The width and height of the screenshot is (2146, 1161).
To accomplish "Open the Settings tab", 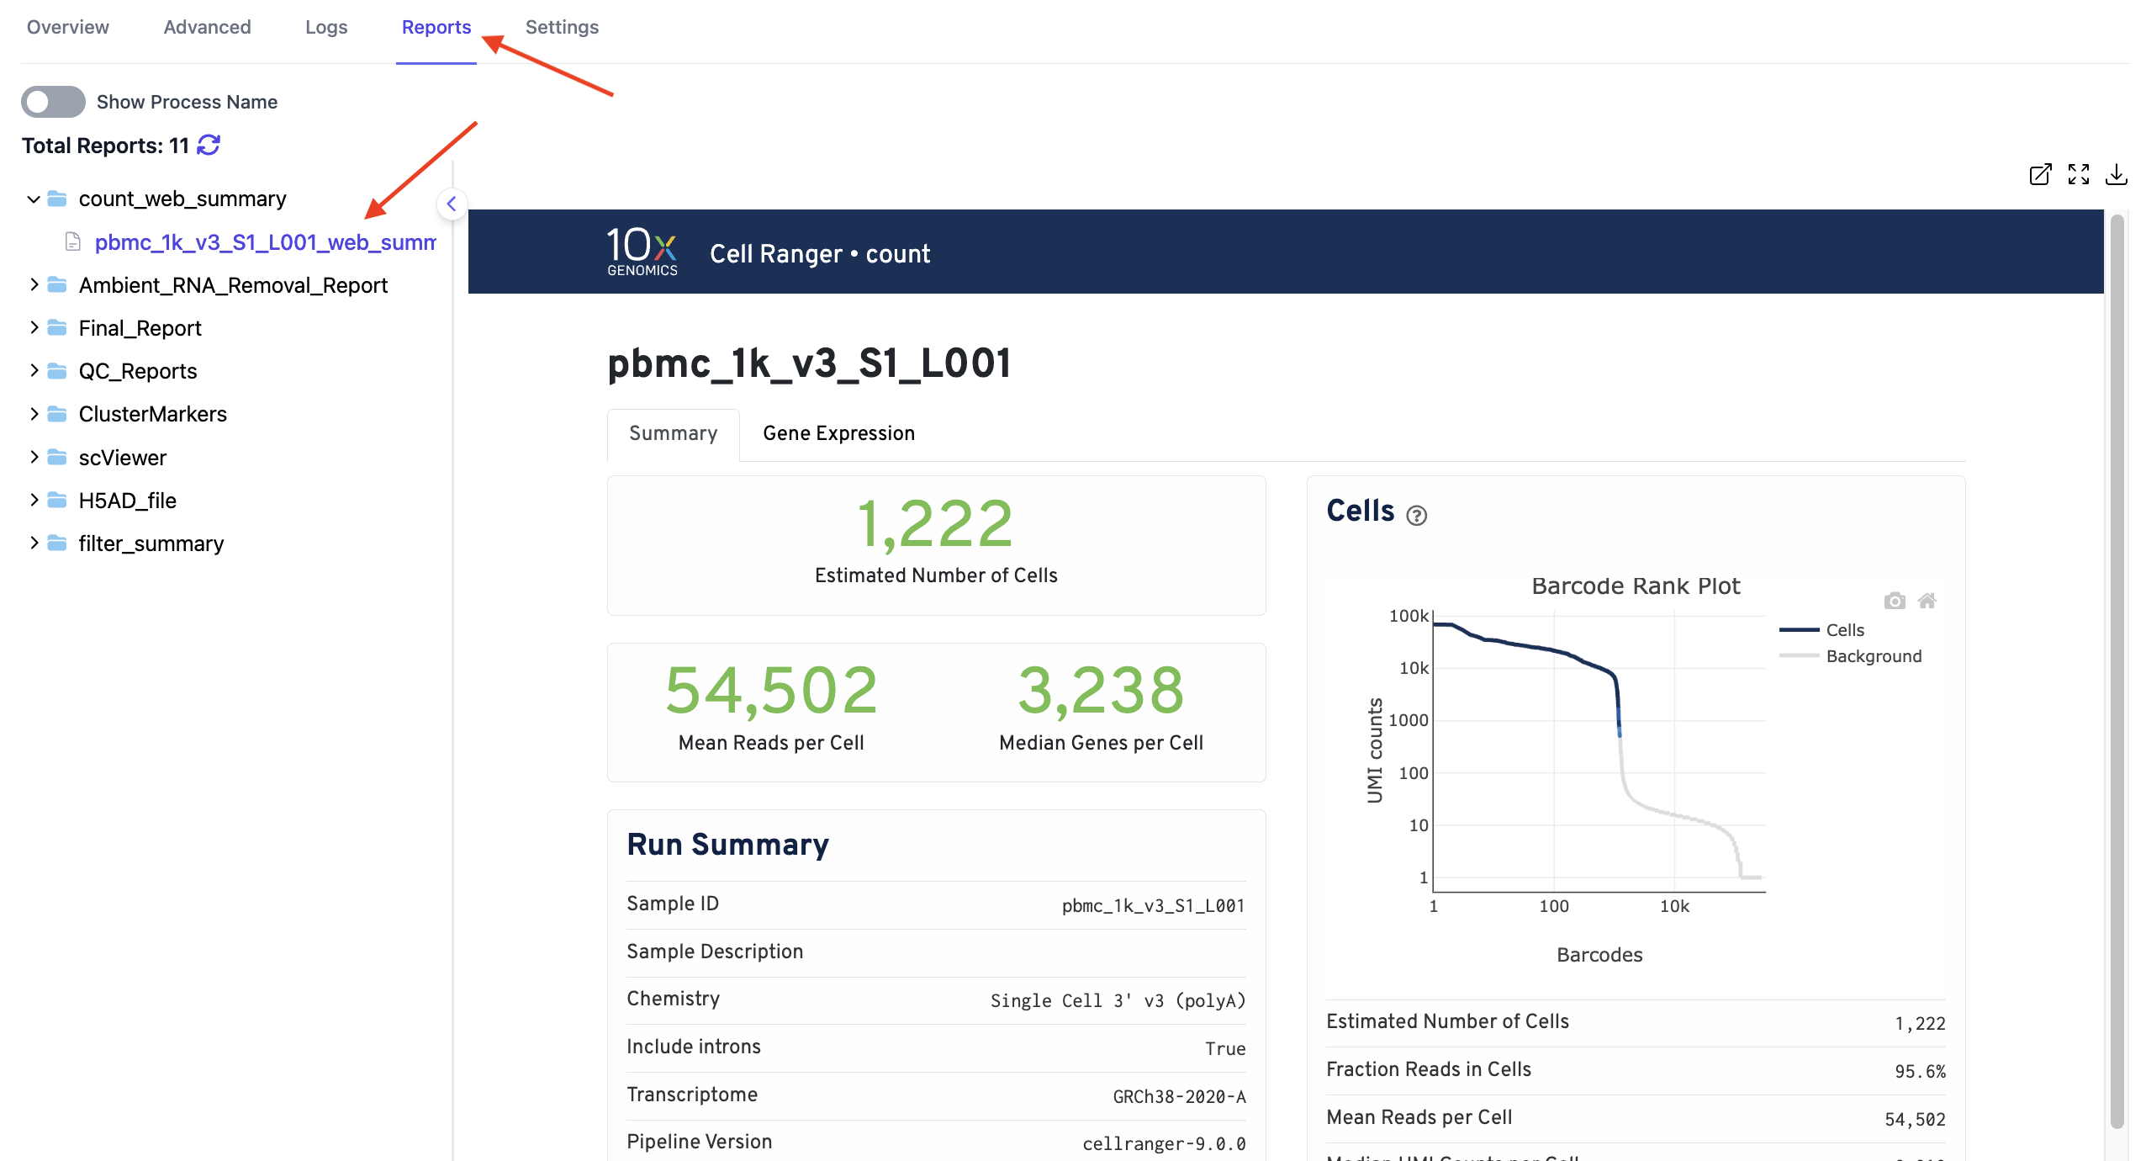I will [562, 27].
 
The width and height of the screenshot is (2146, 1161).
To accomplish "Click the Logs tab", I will [326, 27].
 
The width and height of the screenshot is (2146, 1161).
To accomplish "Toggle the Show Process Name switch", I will [53, 102].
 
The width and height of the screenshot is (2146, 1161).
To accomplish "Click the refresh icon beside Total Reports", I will [209, 146].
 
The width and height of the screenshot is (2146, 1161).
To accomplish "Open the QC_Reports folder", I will [137, 371].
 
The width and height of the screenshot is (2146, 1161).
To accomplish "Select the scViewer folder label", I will [123, 458].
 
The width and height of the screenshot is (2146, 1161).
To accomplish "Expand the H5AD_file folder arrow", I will [34, 500].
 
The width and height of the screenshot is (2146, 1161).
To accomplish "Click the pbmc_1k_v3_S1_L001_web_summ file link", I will [265, 242].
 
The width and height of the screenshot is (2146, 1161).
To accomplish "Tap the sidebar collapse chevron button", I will [452, 204].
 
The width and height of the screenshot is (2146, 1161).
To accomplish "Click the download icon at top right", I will [2116, 175].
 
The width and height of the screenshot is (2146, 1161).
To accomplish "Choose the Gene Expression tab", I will [838, 433].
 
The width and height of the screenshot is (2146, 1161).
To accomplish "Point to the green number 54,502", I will [771, 691].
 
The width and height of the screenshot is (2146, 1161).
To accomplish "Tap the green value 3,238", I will [1101, 691].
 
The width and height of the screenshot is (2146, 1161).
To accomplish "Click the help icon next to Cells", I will [1417, 515].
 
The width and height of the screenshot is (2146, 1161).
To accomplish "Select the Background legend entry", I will [1874, 656].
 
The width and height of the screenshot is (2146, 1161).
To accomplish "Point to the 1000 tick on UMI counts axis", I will [1409, 720].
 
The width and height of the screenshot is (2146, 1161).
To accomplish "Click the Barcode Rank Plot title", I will [1636, 586].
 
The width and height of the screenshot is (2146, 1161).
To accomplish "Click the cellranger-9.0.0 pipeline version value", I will [1164, 1144].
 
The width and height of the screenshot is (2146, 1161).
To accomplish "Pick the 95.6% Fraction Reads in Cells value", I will [1920, 1072].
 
